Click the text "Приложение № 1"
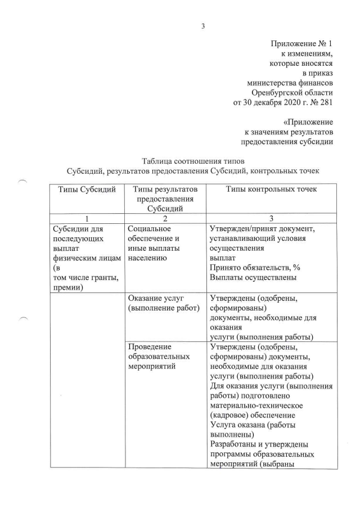click(x=301, y=44)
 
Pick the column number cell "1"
click(x=86, y=219)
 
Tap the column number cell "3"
click(x=272, y=219)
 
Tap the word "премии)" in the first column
click(x=68, y=287)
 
